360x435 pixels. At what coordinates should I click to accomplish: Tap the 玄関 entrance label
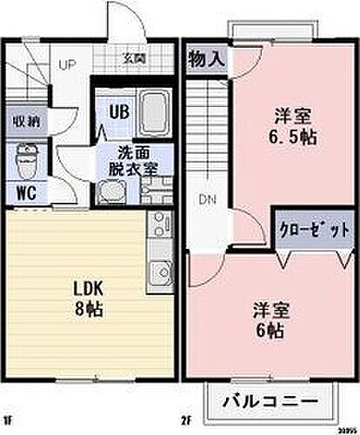tap(134, 59)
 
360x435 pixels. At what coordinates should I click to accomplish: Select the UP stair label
tap(66, 64)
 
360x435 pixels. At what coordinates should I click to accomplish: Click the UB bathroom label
tap(117, 110)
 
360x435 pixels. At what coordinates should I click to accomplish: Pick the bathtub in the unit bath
tap(154, 110)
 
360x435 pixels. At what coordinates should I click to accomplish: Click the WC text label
tap(25, 191)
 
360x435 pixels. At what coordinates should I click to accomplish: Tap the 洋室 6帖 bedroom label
tap(271, 319)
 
